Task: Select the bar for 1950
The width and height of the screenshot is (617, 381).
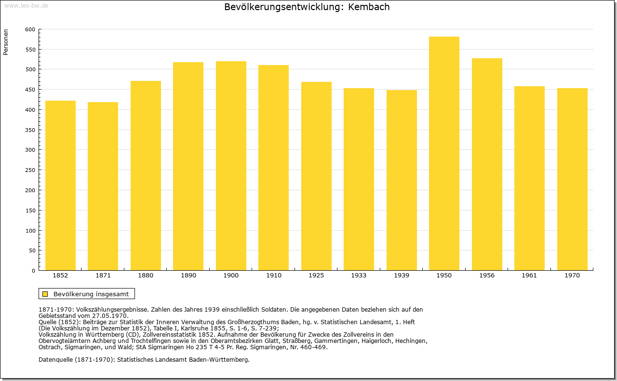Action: [x=444, y=153]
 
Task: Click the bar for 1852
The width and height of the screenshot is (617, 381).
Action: [x=60, y=185]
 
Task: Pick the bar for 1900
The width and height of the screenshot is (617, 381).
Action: [x=231, y=166]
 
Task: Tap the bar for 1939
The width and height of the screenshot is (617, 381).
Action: [x=402, y=180]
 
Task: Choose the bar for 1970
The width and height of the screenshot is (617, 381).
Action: [x=572, y=179]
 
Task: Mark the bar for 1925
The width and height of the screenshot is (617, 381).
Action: [x=316, y=176]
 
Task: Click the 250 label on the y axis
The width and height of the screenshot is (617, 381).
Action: [x=30, y=170]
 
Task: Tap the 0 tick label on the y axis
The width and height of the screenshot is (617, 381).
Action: [x=33, y=271]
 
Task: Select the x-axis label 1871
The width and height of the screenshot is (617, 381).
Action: [x=103, y=276]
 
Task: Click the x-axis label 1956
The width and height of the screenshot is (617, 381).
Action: [x=487, y=276]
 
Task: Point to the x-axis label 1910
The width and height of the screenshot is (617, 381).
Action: [x=273, y=276]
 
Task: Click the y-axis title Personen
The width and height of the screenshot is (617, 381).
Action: [x=6, y=42]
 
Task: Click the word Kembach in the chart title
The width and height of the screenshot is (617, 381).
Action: [x=369, y=7]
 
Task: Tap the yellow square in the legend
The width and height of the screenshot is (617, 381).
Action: [x=45, y=294]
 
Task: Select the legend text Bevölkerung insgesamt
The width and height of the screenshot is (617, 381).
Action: [x=91, y=294]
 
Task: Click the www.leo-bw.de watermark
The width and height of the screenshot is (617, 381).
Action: [x=27, y=6]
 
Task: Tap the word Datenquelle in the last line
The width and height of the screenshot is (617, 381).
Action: [x=55, y=360]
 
